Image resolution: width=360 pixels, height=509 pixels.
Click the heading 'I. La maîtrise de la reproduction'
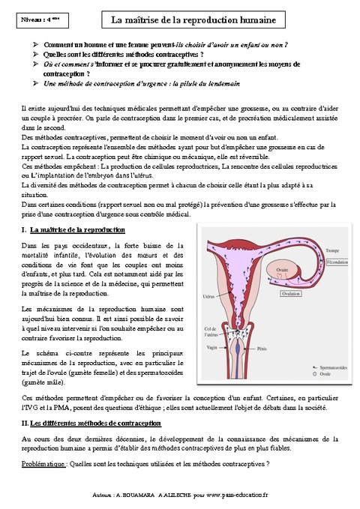73,229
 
